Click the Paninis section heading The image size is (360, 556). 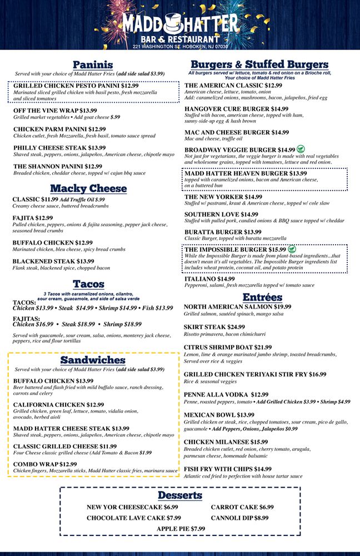[93, 64]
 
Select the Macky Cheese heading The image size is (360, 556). [88, 188]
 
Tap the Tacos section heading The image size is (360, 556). [89, 284]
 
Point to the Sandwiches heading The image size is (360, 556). [93, 360]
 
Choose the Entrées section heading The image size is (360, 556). [262, 297]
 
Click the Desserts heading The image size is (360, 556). [179, 495]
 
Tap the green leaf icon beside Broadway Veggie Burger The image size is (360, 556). [301, 149]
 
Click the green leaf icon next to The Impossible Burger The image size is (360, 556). [292, 249]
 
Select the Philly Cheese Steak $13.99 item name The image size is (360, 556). [59, 148]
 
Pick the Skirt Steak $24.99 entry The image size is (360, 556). [214, 327]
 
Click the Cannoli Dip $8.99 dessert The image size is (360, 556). [239, 518]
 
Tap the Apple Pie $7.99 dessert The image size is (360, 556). [181, 529]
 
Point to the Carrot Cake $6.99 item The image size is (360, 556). [242, 507]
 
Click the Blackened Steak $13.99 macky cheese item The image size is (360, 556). [53, 261]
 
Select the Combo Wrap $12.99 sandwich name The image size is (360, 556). [45, 464]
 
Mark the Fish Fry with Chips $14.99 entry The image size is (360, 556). [228, 469]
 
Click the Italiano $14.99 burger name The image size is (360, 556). [209, 279]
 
